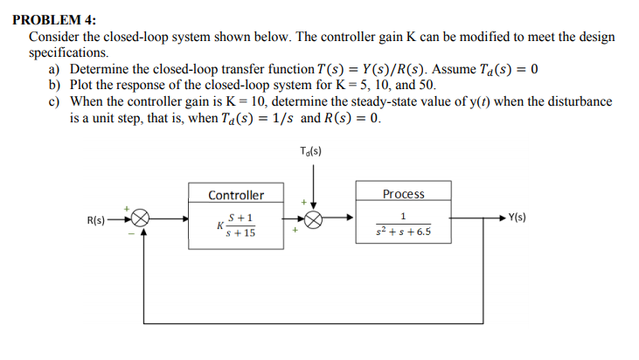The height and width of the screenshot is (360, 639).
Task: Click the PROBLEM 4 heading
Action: [54, 19]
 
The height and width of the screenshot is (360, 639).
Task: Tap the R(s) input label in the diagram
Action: [96, 220]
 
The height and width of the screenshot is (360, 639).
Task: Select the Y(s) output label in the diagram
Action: [517, 217]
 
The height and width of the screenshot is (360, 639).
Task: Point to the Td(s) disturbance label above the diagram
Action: [310, 151]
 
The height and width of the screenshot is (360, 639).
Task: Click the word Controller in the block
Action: [236, 195]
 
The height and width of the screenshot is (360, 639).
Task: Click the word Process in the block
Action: [404, 194]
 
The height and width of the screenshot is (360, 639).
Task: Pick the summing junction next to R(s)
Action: [141, 218]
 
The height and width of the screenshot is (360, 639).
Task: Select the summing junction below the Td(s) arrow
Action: [314, 220]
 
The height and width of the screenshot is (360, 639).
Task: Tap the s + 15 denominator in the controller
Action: [240, 233]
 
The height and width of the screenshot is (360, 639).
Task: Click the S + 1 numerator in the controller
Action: [240, 218]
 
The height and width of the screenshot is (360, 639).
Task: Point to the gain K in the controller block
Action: [220, 225]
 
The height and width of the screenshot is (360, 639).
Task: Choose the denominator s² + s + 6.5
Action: [404, 232]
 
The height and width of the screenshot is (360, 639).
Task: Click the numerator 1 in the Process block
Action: [404, 216]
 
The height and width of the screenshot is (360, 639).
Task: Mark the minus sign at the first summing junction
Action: [131, 234]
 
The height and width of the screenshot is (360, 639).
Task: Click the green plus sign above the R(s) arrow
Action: [127, 209]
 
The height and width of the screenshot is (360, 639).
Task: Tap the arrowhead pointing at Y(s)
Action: [503, 218]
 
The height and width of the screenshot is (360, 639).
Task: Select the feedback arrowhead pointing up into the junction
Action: [143, 231]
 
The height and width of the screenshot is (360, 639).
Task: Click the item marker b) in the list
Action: [54, 85]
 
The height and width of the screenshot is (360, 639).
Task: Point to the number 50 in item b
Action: [426, 85]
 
